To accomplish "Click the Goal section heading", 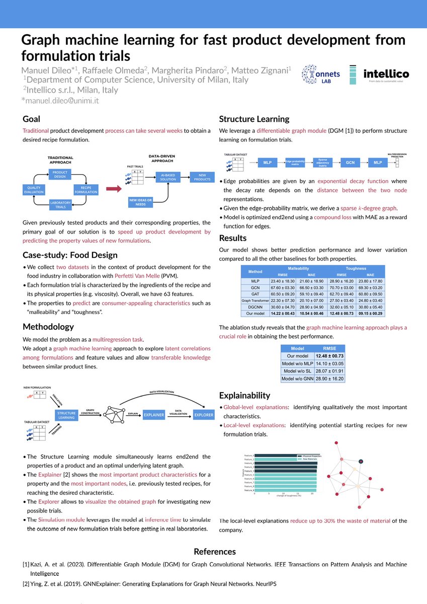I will [32, 119].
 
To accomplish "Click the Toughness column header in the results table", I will [356, 268].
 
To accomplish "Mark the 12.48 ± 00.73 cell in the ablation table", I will [329, 355].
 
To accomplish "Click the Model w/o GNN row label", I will [298, 378].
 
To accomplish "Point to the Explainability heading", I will [244, 395].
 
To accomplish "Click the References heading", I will [214, 552].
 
